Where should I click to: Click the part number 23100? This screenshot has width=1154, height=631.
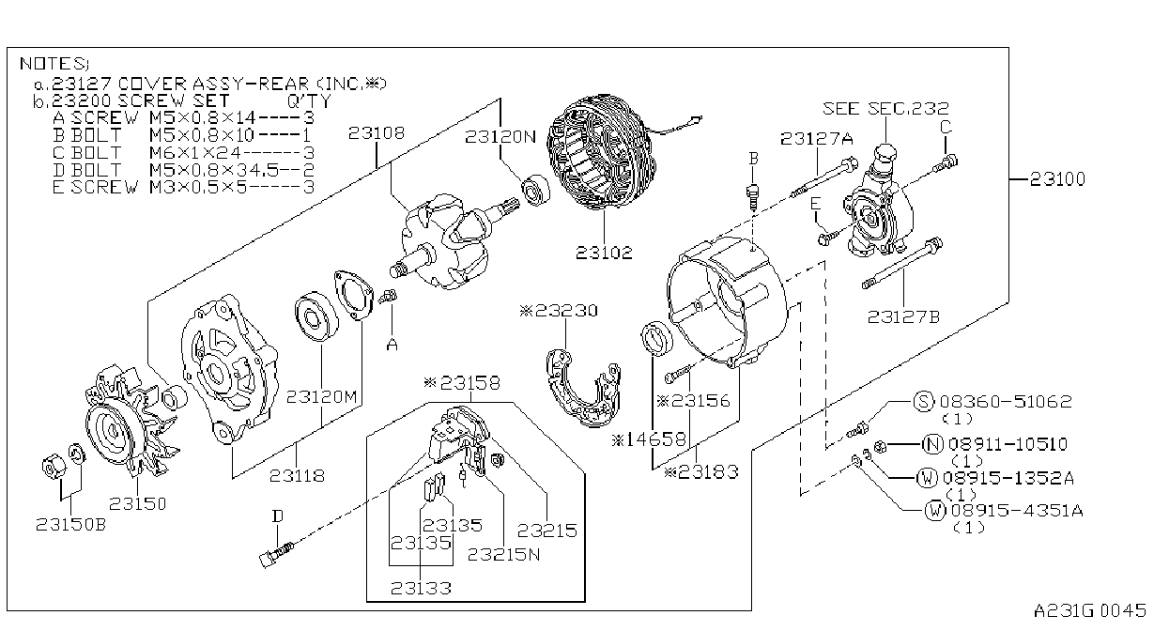click(1057, 179)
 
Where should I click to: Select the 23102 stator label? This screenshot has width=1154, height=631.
click(604, 253)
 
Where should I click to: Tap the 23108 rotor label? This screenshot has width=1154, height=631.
click(377, 133)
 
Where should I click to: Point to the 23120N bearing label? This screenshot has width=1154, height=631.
click(500, 136)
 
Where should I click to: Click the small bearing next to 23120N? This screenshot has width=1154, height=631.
click(536, 190)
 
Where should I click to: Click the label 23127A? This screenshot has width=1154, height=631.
click(817, 139)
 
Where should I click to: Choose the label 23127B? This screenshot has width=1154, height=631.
click(903, 316)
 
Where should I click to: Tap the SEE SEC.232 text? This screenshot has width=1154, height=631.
click(885, 108)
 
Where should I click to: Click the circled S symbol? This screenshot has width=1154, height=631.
click(923, 401)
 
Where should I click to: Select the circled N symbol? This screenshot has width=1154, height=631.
click(932, 444)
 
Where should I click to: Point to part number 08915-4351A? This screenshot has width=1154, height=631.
click(1017, 510)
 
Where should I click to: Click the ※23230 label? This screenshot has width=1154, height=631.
click(559, 310)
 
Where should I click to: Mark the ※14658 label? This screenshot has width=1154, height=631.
click(649, 439)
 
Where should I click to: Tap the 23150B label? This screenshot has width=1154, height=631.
click(70, 524)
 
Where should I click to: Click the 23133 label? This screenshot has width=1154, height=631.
click(421, 588)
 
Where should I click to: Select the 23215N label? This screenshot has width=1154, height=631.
click(504, 554)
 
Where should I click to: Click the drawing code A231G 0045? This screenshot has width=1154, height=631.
click(1089, 610)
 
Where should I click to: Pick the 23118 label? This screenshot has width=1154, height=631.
click(298, 475)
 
